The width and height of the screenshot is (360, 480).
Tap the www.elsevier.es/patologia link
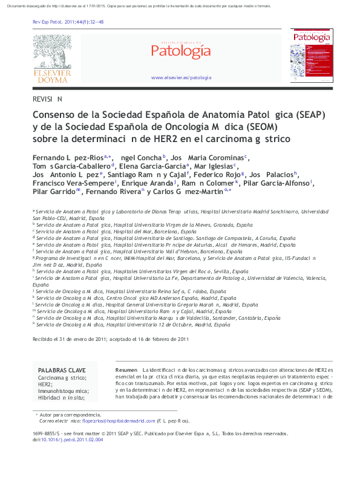[x=181, y=77]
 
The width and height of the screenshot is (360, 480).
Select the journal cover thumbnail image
[x=311, y=56]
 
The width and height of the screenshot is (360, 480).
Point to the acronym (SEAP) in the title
[x=275, y=114]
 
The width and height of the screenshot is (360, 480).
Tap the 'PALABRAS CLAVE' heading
[x=62, y=370]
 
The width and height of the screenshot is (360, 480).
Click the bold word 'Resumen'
[x=126, y=369]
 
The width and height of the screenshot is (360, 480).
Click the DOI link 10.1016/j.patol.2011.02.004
[x=71, y=439]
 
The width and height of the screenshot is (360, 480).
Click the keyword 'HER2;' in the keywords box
[x=45, y=384]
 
